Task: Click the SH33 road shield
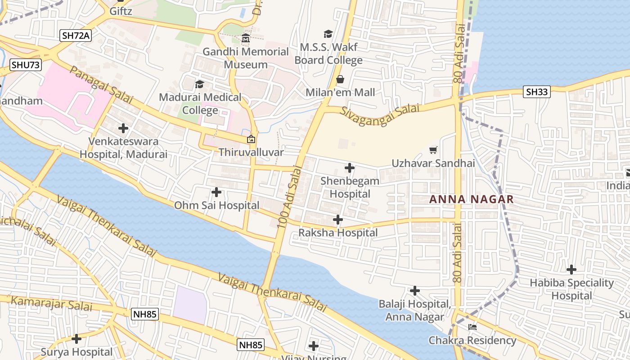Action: pyautogui.click(x=537, y=92)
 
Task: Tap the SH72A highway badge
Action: pyautogui.click(x=76, y=36)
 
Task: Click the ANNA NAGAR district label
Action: pyautogui.click(x=472, y=199)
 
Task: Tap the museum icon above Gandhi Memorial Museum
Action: pyautogui.click(x=246, y=39)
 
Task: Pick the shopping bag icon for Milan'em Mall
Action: pyautogui.click(x=340, y=79)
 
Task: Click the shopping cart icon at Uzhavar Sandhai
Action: pyautogui.click(x=433, y=150)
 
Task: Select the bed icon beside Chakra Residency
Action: pyautogui.click(x=472, y=327)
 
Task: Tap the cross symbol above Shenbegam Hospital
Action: pyautogui.click(x=349, y=168)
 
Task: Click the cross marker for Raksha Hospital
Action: pyautogui.click(x=337, y=220)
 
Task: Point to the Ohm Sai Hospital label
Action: pyautogui.click(x=217, y=206)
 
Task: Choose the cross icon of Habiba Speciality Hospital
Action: pyautogui.click(x=571, y=270)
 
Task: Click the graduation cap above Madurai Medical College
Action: pyautogui.click(x=199, y=84)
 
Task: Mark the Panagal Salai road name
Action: pyautogui.click(x=101, y=85)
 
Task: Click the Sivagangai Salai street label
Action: pyautogui.click(x=380, y=115)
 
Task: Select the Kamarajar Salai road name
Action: pyautogui.click(x=51, y=303)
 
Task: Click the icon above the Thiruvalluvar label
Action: pyautogui.click(x=251, y=139)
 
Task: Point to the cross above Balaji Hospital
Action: pyautogui.click(x=414, y=291)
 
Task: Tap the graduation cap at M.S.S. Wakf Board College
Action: pyautogui.click(x=328, y=34)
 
